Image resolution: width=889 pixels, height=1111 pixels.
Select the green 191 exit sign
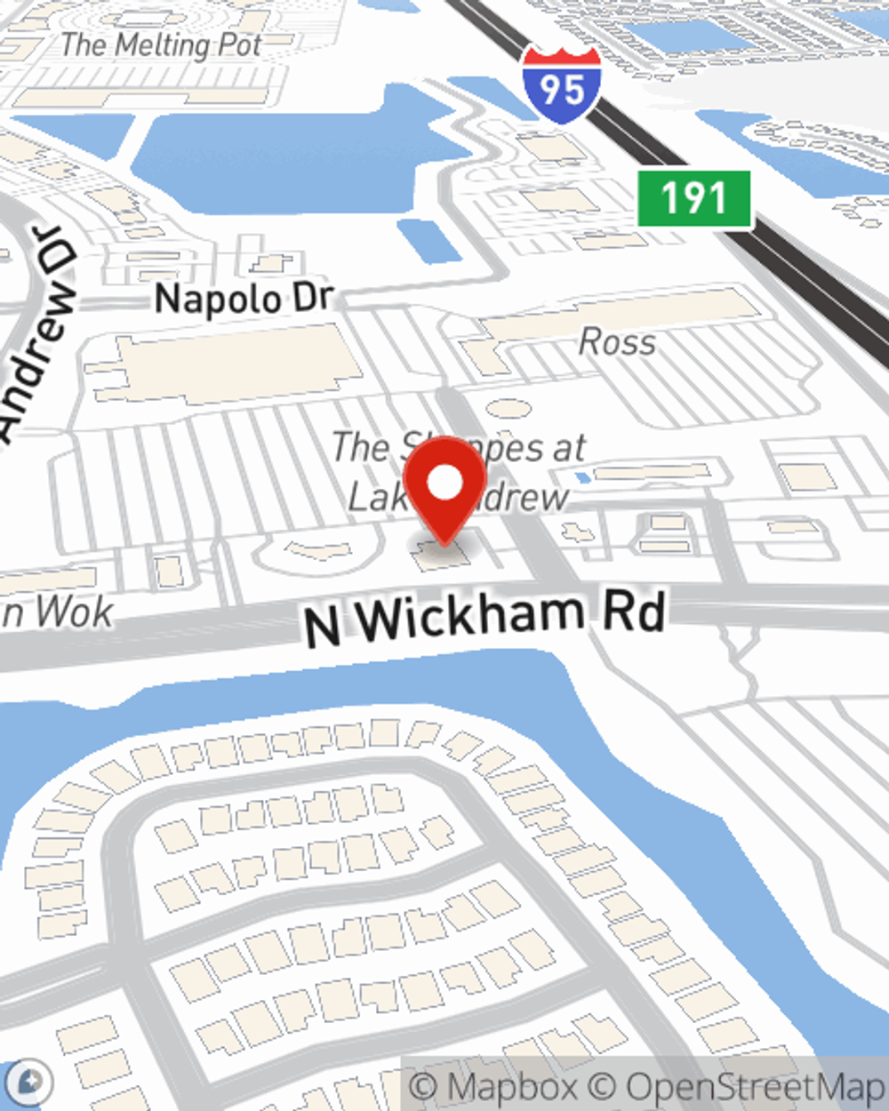[694, 198]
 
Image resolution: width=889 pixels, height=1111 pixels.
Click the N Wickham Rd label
[485, 618]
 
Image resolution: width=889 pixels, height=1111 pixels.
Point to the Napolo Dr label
[244, 299]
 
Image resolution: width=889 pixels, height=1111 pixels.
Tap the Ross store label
[618, 342]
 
